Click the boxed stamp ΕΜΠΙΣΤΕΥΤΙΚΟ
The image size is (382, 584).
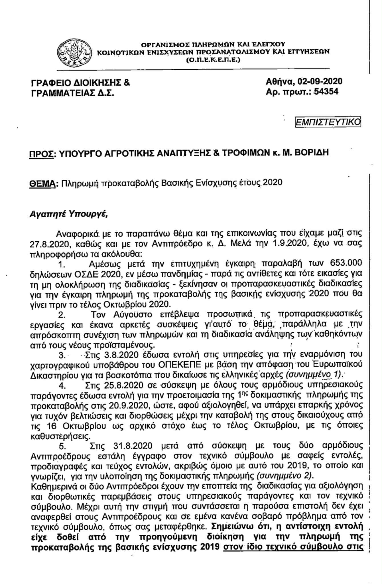[328, 122]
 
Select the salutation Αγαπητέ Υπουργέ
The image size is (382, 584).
[69, 214]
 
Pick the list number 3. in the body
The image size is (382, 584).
[62, 355]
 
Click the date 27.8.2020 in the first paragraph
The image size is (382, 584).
[50, 243]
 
